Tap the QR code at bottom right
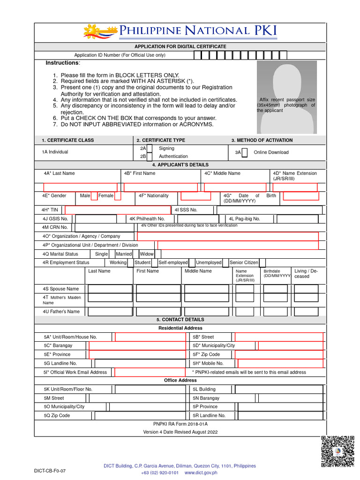click(x=337, y=451)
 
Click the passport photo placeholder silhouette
click(x=286, y=98)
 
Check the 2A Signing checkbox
click(x=150, y=148)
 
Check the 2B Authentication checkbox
click(x=150, y=156)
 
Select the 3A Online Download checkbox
click(x=245, y=152)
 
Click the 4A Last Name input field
click(x=81, y=187)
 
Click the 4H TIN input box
click(x=117, y=210)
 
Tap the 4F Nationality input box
click(x=195, y=196)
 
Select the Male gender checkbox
click(x=94, y=196)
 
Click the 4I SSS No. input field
click(x=269, y=210)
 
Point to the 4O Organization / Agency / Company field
click(x=227, y=236)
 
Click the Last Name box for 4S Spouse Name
click(x=110, y=289)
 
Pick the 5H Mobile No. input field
click(x=280, y=363)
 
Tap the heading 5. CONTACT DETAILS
click(x=180, y=320)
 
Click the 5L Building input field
click(x=279, y=389)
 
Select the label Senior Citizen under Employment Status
click(x=244, y=262)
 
